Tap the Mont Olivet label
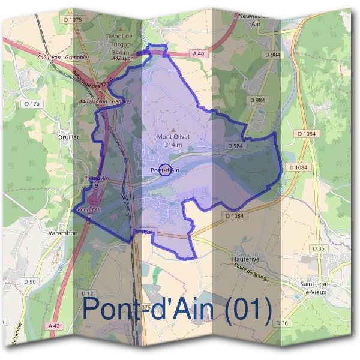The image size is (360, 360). [173, 136]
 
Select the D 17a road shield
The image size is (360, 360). [32, 104]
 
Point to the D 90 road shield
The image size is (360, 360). [30, 281]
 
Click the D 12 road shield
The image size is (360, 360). [87, 293]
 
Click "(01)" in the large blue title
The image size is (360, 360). [246, 309]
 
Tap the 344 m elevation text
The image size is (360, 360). [121, 52]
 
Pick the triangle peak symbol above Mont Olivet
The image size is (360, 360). [174, 128]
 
